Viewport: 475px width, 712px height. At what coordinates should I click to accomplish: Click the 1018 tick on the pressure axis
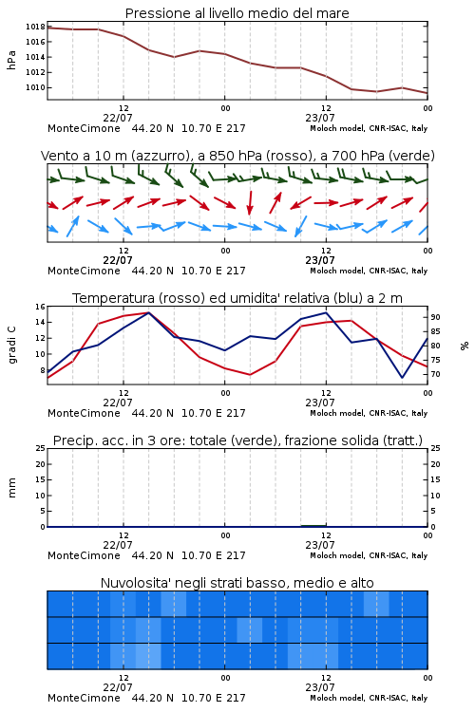pyautogui.click(x=35, y=27)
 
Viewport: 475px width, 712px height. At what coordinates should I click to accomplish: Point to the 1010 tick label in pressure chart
pyautogui.click(x=35, y=87)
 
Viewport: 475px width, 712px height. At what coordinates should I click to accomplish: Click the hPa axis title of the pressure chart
pyautogui.click(x=11, y=60)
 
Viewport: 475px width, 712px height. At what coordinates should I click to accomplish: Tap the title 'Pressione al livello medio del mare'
pyautogui.click(x=237, y=13)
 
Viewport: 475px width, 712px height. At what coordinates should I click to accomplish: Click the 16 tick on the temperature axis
pyautogui.click(x=40, y=307)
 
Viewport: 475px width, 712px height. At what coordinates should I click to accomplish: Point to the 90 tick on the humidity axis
pyautogui.click(x=435, y=317)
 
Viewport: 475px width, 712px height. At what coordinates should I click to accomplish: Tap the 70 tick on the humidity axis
pyautogui.click(x=435, y=375)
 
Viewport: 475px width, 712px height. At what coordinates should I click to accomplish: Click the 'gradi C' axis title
pyautogui.click(x=11, y=346)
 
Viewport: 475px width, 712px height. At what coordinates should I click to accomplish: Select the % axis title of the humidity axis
pyautogui.click(x=465, y=346)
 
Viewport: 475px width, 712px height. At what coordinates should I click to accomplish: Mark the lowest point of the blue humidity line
pyautogui.click(x=402, y=377)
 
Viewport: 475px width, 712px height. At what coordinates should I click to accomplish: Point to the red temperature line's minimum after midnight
pyautogui.click(x=250, y=375)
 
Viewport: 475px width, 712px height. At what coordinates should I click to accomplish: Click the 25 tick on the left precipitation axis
pyautogui.click(x=40, y=449)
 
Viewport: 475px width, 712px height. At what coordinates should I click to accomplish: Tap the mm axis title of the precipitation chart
pyautogui.click(x=11, y=488)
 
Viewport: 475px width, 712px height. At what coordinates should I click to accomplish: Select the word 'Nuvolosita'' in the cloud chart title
pyautogui.click(x=133, y=583)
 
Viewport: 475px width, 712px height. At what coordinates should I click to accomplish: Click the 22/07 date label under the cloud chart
pyautogui.click(x=118, y=687)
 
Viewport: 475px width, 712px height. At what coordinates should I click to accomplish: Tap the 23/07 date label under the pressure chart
pyautogui.click(x=320, y=118)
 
